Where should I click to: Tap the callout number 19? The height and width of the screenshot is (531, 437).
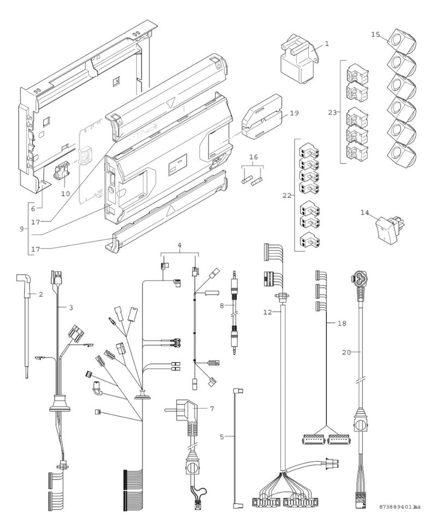[x=294, y=113]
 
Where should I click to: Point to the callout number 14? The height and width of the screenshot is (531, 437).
[x=364, y=212]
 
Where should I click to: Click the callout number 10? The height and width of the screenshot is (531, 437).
[x=66, y=193]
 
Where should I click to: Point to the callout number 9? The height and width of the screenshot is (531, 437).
[x=22, y=229]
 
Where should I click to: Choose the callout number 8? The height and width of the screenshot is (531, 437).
[x=221, y=305]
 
